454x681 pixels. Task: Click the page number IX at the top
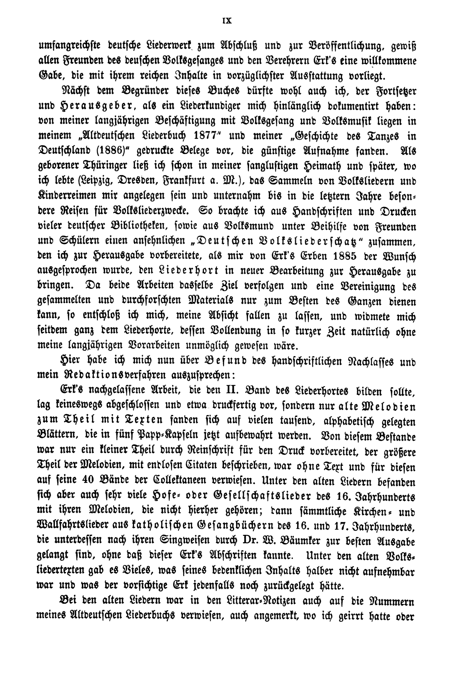[x=227, y=21]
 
